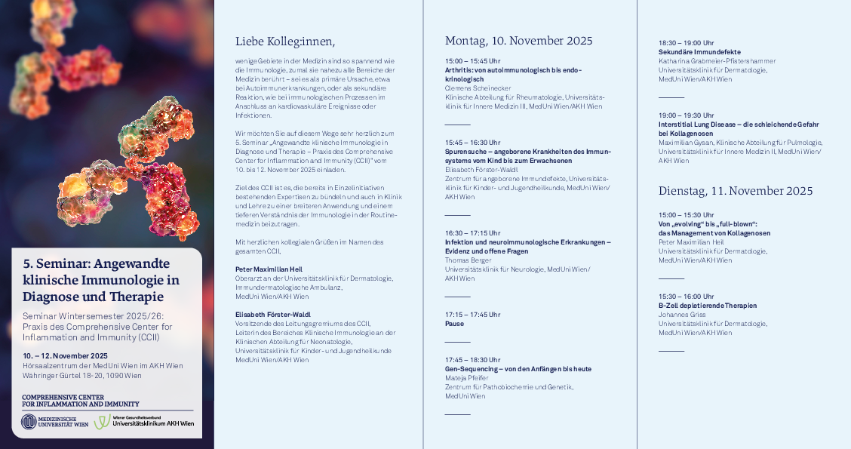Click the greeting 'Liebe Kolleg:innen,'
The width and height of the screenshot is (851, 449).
click(x=284, y=42)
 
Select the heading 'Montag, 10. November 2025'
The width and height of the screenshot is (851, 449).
click(x=518, y=41)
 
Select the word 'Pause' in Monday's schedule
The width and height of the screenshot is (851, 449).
click(x=454, y=324)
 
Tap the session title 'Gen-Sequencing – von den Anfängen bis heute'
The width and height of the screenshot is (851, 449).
click(x=518, y=369)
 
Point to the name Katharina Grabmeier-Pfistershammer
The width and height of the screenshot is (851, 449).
click(x=717, y=60)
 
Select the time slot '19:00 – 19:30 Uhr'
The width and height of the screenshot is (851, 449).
click(x=686, y=115)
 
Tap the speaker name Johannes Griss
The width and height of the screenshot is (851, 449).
click(x=681, y=315)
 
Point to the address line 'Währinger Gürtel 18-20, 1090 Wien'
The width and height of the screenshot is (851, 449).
click(x=81, y=375)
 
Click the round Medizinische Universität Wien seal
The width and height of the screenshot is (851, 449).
click(x=29, y=422)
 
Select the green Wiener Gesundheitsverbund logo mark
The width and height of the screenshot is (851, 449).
click(x=102, y=422)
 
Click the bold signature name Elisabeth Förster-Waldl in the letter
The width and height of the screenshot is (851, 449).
click(x=274, y=314)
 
